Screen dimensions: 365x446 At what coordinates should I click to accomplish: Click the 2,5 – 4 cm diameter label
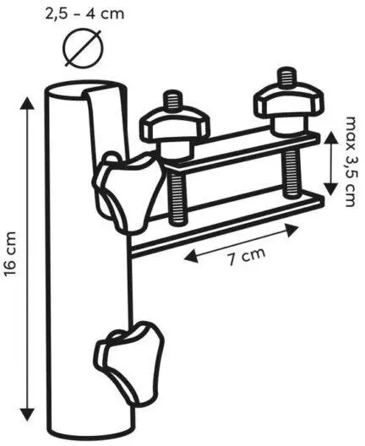(x=84, y=14)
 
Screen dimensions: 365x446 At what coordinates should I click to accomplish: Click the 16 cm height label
(x=10, y=253)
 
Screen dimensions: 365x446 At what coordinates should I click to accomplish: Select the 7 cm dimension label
(x=247, y=256)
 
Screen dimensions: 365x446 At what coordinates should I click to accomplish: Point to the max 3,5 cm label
(x=350, y=161)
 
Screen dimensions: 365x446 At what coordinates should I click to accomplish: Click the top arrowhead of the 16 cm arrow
(x=27, y=103)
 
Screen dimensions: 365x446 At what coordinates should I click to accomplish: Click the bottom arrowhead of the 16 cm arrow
(x=27, y=414)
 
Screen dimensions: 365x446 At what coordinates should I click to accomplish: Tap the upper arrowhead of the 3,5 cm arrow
(x=330, y=139)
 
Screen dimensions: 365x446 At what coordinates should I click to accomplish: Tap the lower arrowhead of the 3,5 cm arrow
(x=330, y=189)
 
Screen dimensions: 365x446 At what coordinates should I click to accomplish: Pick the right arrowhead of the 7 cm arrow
(x=291, y=229)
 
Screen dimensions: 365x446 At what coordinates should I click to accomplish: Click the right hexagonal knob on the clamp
(x=288, y=107)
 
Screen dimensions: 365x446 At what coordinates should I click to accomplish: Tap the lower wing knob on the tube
(x=129, y=362)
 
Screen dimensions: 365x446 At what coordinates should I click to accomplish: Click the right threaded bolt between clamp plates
(x=291, y=172)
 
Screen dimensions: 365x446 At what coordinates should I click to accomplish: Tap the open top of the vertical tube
(x=84, y=90)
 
